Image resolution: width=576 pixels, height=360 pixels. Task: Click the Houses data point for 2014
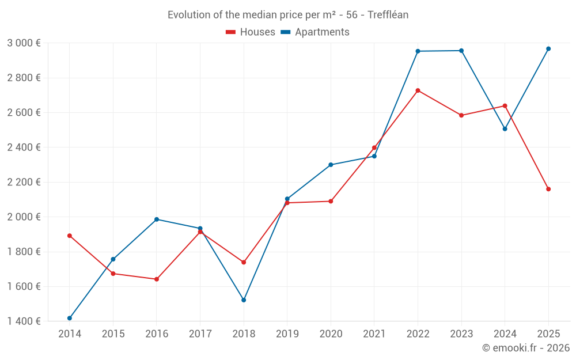[70, 236]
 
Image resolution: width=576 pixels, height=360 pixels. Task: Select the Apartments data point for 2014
[70, 318]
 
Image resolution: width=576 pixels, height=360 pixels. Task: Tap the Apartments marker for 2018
[244, 300]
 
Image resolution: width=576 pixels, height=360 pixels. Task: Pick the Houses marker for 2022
[418, 90]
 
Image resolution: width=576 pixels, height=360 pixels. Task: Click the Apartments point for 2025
[548, 49]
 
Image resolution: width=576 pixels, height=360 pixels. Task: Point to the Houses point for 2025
[548, 189]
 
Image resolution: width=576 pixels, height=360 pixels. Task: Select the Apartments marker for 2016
[157, 219]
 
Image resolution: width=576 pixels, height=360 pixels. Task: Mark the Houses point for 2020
[331, 202]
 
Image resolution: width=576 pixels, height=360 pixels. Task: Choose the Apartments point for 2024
[505, 129]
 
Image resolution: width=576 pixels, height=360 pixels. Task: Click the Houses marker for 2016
[157, 279]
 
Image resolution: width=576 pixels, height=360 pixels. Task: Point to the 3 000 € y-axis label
[24, 43]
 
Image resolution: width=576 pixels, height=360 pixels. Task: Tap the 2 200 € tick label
[24, 183]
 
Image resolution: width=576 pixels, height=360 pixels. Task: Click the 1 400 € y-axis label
[24, 321]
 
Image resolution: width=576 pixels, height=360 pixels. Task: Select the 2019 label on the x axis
[287, 334]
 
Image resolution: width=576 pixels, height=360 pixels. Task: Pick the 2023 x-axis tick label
[461, 334]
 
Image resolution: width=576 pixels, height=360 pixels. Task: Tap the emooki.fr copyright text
[526, 348]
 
